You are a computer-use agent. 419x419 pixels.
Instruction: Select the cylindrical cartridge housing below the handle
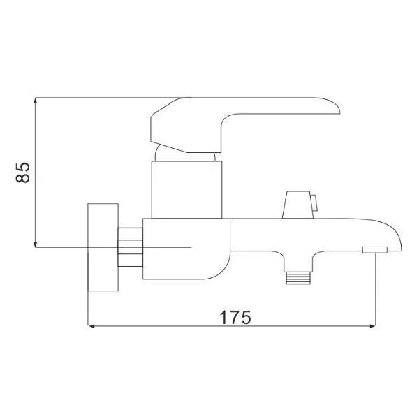[x=186, y=187]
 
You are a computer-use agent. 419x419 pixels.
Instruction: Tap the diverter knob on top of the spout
[x=295, y=205]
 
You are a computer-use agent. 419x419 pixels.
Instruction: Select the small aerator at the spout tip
[x=374, y=249]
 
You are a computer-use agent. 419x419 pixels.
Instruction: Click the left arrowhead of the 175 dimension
[x=91, y=325]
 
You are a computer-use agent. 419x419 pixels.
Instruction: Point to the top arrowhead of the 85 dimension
[x=35, y=101]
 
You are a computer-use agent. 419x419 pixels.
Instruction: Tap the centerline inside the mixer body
[x=168, y=247]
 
